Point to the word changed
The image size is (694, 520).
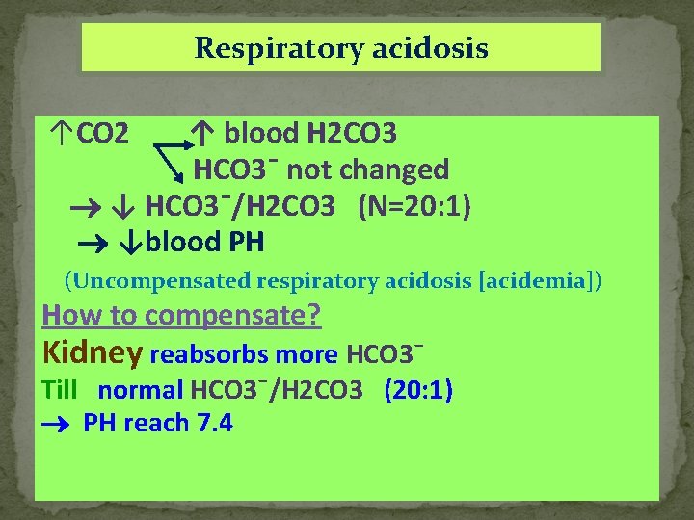tap(395, 169)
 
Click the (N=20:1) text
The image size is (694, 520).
tap(414, 205)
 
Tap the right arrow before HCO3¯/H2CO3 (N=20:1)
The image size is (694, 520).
tap(84, 207)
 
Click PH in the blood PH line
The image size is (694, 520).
tap(246, 241)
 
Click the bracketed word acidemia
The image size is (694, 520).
tap(536, 281)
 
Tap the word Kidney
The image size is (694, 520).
tap(93, 353)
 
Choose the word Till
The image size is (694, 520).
tap(60, 390)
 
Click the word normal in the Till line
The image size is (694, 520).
tap(141, 390)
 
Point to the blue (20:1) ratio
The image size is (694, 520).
tap(418, 390)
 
